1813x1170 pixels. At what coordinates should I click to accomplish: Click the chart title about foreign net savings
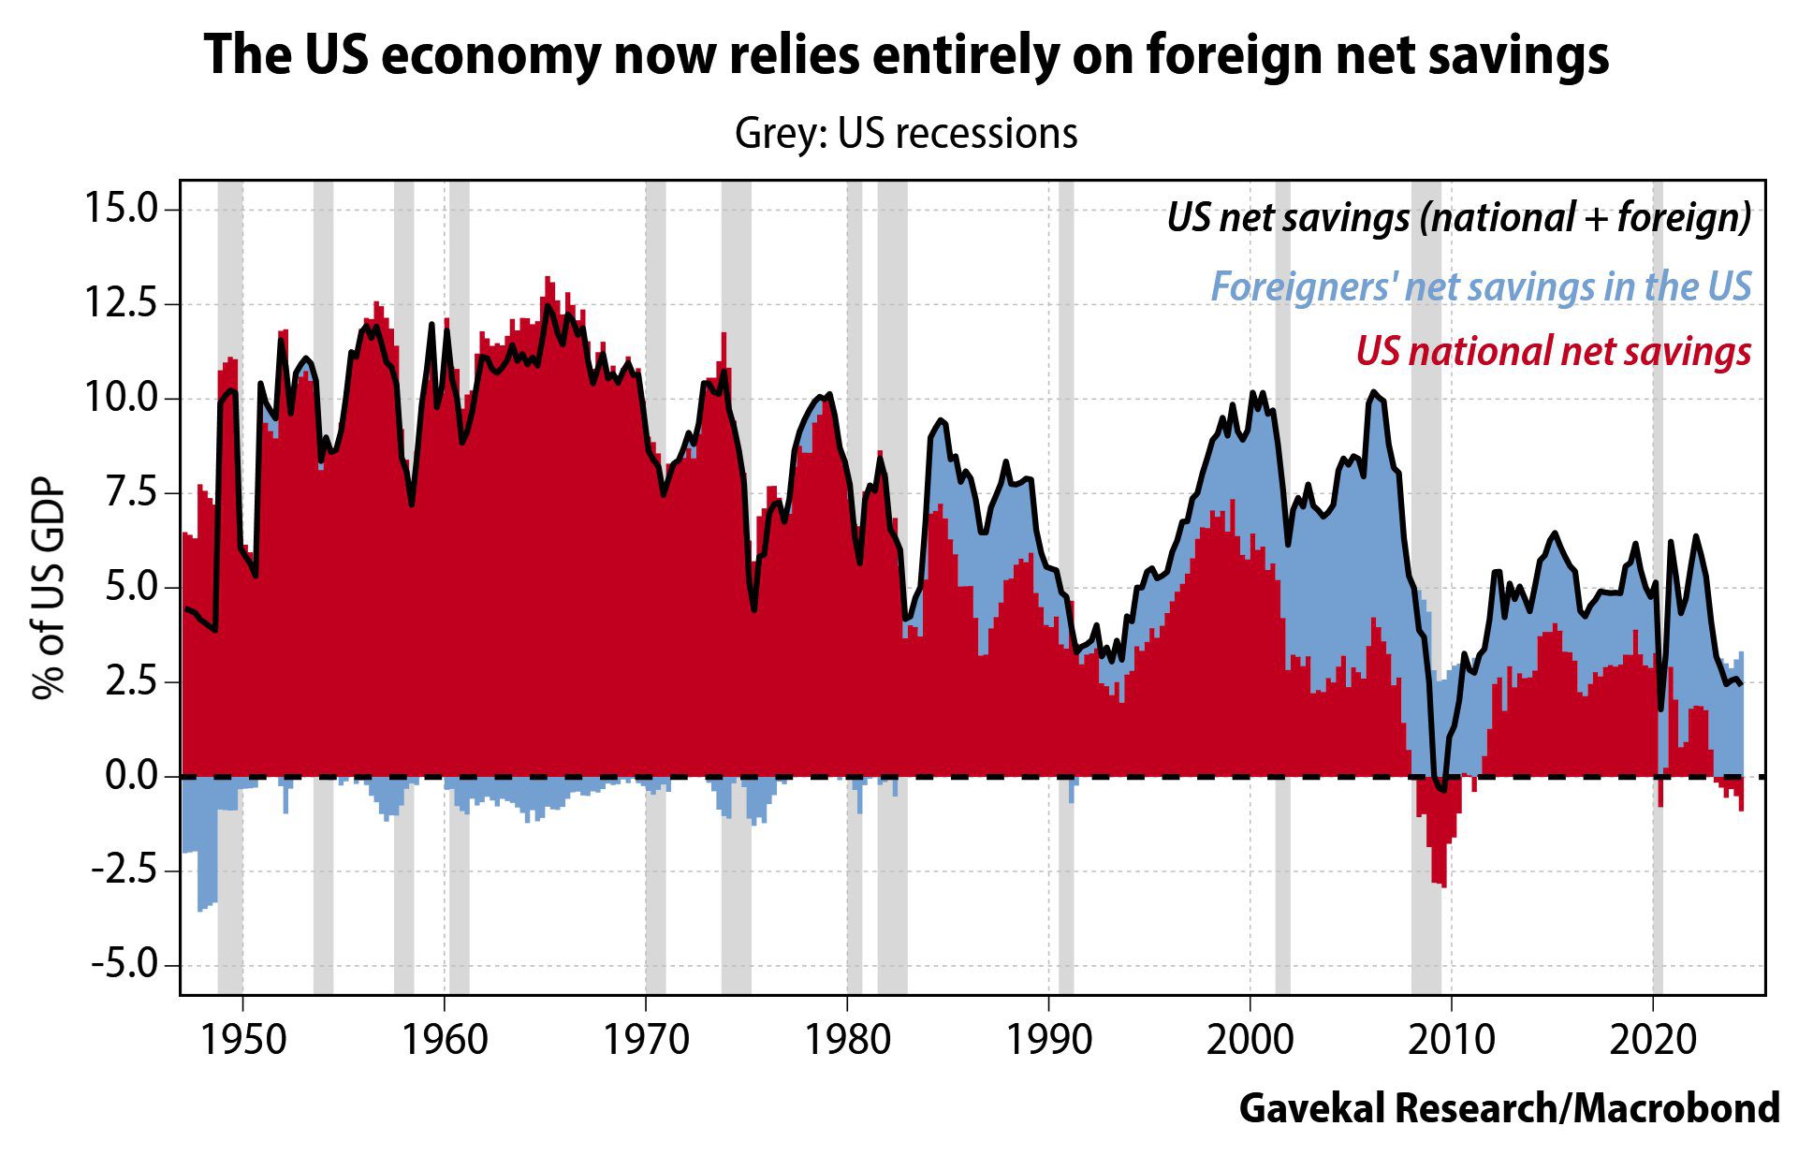(906, 54)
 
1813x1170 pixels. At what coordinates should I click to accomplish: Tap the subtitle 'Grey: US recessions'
(906, 133)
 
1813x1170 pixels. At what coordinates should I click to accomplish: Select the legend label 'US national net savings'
(1553, 352)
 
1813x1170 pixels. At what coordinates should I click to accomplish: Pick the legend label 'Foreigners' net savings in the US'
(1481, 286)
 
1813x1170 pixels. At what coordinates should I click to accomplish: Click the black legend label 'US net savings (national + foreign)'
(1458, 217)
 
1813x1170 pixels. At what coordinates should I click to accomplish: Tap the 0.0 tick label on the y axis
(130, 776)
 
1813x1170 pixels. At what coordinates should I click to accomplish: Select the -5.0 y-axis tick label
(125, 964)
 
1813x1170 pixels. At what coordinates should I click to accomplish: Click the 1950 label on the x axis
(243, 1039)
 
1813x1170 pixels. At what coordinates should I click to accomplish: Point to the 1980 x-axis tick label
(847, 1039)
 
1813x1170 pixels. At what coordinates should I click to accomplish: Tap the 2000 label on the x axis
(1250, 1039)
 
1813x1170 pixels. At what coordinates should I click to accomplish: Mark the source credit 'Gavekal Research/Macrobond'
(1509, 1108)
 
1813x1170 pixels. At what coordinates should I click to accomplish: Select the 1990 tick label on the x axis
(1048, 1039)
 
